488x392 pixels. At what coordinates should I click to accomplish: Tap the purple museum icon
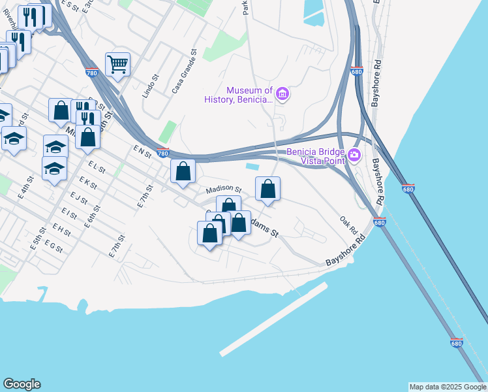[x=282, y=95]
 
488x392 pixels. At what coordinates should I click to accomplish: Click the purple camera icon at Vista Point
[x=354, y=155]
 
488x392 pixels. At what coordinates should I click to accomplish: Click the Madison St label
[x=224, y=190]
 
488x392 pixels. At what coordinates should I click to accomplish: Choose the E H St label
[x=62, y=229]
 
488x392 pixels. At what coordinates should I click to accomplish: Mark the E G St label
[x=53, y=245]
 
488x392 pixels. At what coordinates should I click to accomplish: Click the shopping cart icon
[x=117, y=64]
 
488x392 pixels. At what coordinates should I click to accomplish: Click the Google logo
[x=22, y=384]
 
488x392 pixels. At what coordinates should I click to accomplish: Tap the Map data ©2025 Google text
[x=448, y=387]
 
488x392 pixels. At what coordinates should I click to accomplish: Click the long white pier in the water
[x=273, y=319]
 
